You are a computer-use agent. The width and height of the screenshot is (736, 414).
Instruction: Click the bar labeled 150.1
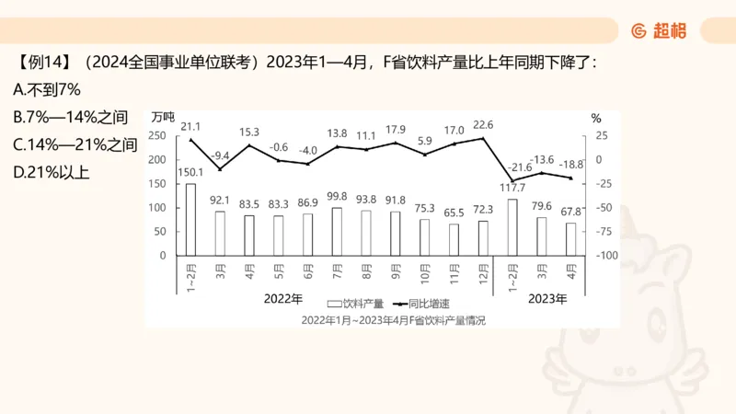tap(190, 219)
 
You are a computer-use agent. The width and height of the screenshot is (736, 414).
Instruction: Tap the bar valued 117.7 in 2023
tap(512, 226)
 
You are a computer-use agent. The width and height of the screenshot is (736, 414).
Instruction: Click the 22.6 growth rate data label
tap(483, 125)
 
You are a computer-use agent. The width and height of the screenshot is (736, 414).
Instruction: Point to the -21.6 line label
tap(521, 167)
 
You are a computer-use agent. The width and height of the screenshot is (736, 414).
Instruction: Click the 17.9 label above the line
tap(396, 130)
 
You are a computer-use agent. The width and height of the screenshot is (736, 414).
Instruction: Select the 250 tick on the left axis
tap(157, 136)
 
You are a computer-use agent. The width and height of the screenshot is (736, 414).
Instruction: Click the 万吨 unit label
tap(162, 117)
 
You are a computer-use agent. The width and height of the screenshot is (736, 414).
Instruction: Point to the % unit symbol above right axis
tap(595, 118)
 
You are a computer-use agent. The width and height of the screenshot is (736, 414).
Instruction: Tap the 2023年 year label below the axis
tap(547, 299)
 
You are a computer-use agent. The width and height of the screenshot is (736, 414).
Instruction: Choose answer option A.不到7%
tap(49, 90)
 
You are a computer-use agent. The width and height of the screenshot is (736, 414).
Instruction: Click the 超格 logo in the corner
tap(659, 30)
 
